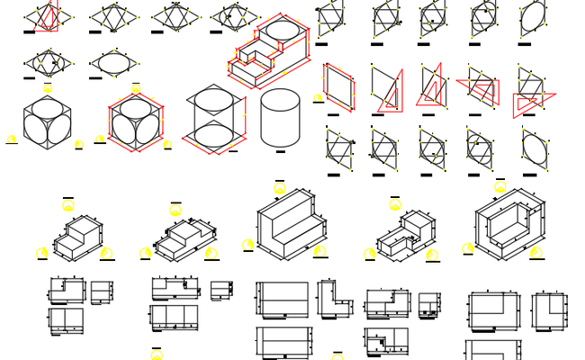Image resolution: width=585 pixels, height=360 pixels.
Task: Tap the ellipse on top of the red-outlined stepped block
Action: [x=282, y=31]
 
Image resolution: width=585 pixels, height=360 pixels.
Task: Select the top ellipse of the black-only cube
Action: [x=47, y=109]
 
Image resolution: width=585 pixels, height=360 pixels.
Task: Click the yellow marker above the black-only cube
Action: [x=48, y=88]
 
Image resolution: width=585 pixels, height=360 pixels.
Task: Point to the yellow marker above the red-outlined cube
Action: [x=136, y=88]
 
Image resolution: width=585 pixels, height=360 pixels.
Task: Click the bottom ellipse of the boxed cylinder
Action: [x=213, y=137]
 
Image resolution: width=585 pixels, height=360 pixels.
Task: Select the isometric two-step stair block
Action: [x=78, y=237]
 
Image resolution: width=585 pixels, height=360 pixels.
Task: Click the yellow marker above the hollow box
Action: [x=499, y=187]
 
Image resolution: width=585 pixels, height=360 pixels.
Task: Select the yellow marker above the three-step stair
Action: [x=175, y=210]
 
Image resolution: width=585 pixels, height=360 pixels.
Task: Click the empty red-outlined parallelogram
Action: [x=339, y=87]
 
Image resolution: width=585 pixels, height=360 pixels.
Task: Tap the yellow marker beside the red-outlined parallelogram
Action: [x=318, y=98]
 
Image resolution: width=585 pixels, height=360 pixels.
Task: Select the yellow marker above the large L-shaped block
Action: [x=279, y=188]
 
